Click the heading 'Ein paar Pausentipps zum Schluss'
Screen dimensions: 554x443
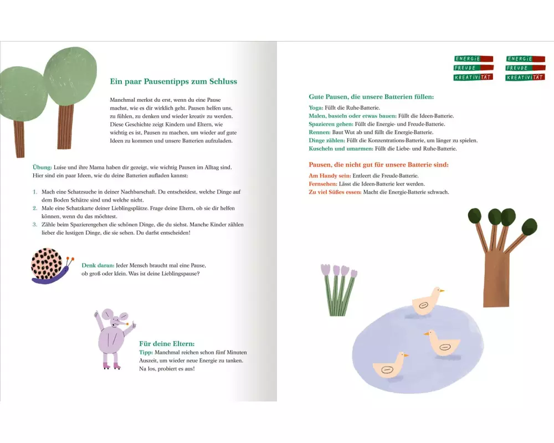(173, 81)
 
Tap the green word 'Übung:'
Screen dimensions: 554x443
(42, 167)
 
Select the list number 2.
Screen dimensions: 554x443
(35, 208)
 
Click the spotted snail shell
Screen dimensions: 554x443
(47, 263)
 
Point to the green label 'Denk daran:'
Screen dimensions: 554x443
(98, 265)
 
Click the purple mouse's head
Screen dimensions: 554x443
(116, 318)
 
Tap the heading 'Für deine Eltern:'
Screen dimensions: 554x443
(167, 344)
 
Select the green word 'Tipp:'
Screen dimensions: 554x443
(146, 353)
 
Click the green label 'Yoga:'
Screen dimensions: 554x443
(316, 108)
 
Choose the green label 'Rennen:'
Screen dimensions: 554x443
(320, 132)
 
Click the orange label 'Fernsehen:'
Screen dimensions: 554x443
(323, 184)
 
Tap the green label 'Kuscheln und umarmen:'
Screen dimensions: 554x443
(341, 149)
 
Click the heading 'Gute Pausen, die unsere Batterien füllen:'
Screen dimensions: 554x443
(371, 97)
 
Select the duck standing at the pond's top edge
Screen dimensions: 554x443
(427, 301)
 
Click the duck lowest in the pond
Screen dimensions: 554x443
(389, 366)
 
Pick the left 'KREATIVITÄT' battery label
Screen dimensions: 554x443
(473, 78)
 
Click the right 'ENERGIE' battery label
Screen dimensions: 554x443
(525, 59)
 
